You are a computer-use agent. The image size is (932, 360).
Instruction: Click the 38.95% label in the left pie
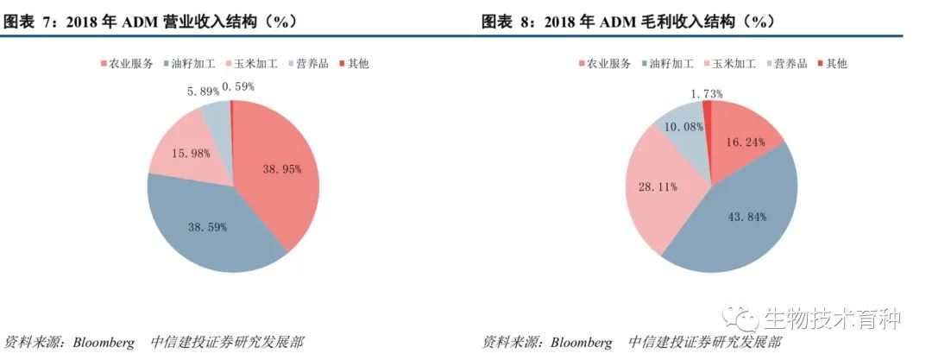click(282, 170)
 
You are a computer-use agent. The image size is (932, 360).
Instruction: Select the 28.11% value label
click(658, 185)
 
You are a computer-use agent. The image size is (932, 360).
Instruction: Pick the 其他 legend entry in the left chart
click(353, 64)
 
